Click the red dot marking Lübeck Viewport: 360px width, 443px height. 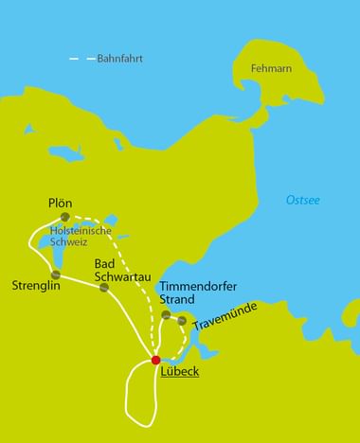point(156,360)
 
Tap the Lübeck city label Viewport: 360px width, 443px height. point(180,371)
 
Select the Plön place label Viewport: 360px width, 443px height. point(60,203)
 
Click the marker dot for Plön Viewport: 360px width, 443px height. point(65,217)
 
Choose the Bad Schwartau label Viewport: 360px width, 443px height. point(117,271)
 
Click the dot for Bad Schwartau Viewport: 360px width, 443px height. point(104,287)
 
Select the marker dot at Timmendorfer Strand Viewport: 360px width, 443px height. point(166,314)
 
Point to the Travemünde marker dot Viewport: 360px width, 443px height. point(182,321)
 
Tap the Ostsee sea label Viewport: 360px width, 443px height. point(303,200)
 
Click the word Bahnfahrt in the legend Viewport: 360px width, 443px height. point(119,59)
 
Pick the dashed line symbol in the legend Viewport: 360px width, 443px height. point(83,59)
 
